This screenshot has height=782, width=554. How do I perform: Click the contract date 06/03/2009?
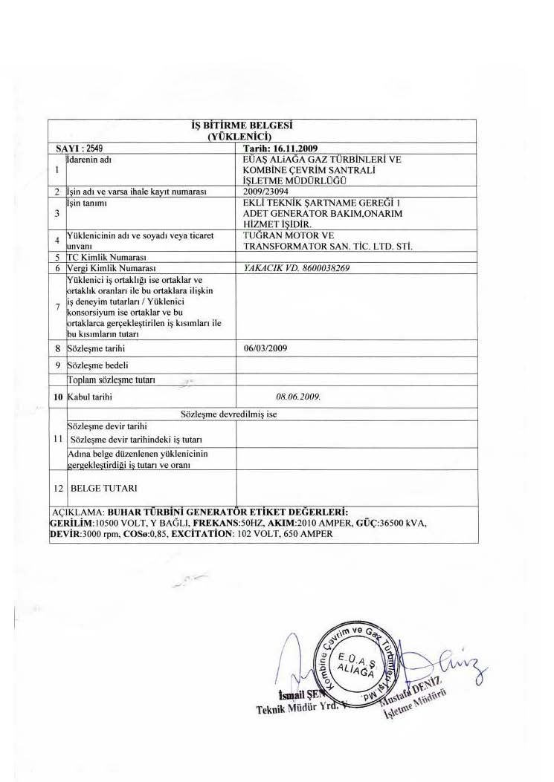click(x=260, y=347)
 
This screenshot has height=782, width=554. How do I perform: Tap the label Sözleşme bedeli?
click(x=92, y=365)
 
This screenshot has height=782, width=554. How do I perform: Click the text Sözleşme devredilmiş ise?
click(x=229, y=414)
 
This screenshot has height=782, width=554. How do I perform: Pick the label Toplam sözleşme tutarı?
click(x=111, y=380)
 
